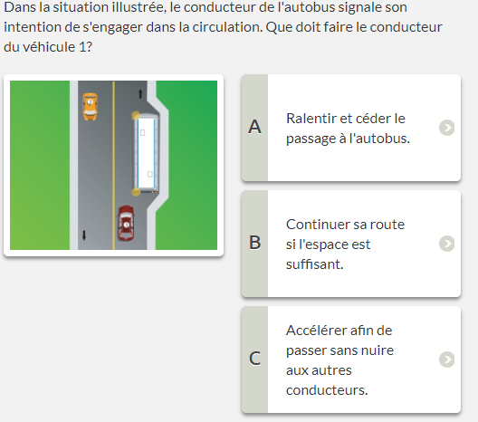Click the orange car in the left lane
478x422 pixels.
(91, 107)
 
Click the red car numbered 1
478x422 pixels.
(126, 223)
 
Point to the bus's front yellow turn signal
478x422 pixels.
(136, 115)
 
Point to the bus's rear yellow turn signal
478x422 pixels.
(136, 192)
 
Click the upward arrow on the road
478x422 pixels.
(140, 93)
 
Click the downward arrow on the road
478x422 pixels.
(84, 235)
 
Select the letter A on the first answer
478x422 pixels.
(255, 127)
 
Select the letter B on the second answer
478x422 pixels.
(255, 243)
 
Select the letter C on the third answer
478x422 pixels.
(255, 359)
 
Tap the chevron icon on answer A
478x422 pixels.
(447, 128)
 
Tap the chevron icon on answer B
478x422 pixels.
(447, 244)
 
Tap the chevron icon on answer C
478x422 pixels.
(447, 360)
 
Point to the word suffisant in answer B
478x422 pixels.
(315, 264)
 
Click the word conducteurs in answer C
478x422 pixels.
(327, 390)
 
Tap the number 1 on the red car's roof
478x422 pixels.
(127, 225)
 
